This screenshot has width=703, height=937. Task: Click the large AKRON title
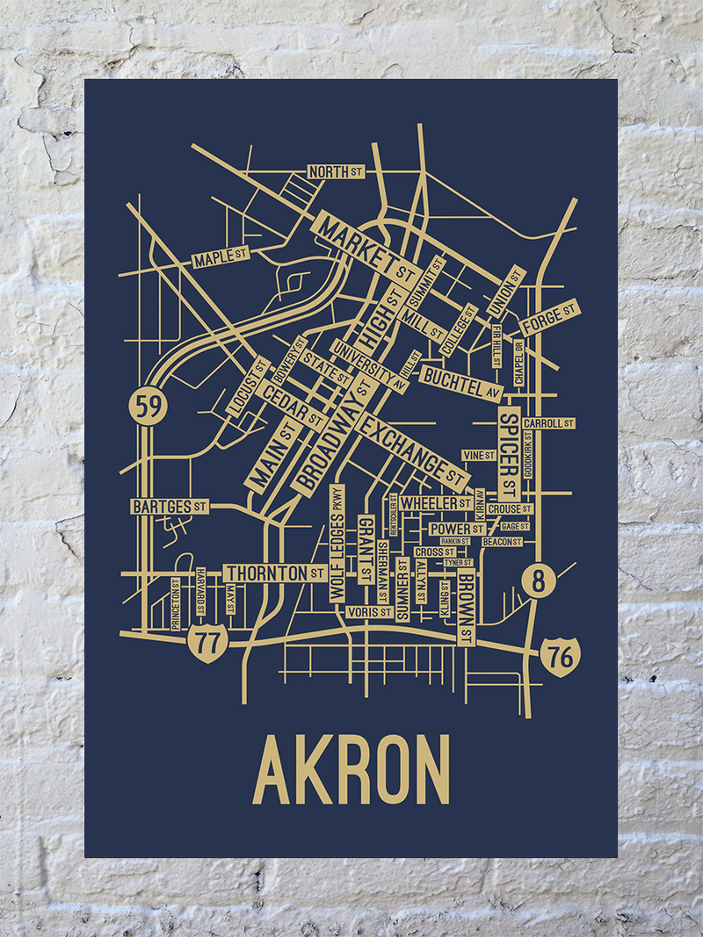tap(351, 770)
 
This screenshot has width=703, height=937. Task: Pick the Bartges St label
tap(170, 507)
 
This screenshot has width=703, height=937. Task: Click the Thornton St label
tap(276, 573)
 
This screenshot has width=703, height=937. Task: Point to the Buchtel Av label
tap(462, 384)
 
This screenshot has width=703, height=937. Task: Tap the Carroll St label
tap(548, 423)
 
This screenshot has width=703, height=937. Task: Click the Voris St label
tap(369, 611)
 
